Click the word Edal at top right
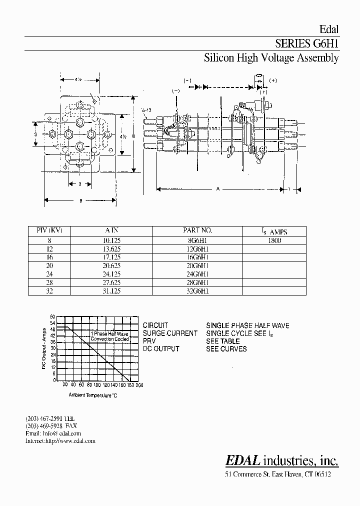tap(329, 29)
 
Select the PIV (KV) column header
tap(49, 230)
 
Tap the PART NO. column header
tap(197, 230)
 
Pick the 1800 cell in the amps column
tap(274, 240)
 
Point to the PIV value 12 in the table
tap(49, 248)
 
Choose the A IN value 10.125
tap(110, 240)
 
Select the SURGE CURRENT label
tap(170, 333)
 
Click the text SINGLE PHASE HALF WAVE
tap(247, 325)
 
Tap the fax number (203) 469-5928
tap(44, 425)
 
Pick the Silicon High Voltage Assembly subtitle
tap(271, 58)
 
